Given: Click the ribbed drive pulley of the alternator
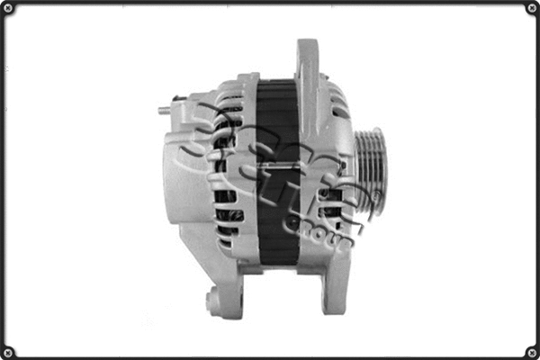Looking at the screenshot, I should coord(370,171).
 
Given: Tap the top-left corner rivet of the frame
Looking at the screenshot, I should coord(9,9).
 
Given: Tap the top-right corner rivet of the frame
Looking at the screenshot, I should coord(531,9).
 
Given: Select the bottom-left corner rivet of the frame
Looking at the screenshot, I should coord(9,350).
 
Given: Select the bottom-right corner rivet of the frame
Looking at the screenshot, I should coord(531,350).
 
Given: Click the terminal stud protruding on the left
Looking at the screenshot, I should coord(166,112).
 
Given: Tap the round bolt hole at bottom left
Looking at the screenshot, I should coord(214,301).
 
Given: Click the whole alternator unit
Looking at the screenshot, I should coord(270,175).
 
